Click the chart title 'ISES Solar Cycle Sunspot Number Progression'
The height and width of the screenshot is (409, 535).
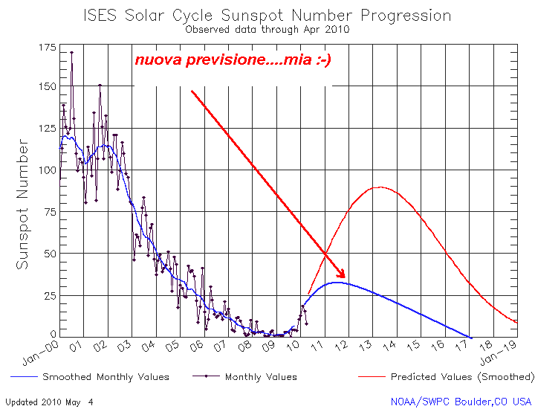tap(267, 16)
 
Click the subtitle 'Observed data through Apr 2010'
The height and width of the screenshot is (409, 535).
tap(267, 30)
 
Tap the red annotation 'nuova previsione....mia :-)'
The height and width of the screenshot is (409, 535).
tap(233, 60)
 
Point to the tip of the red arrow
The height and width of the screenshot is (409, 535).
tap(346, 277)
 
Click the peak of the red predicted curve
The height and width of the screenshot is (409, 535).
tap(380, 187)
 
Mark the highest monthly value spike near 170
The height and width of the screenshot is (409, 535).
tap(71, 53)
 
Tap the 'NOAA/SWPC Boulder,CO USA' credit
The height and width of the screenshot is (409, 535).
tap(461, 402)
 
